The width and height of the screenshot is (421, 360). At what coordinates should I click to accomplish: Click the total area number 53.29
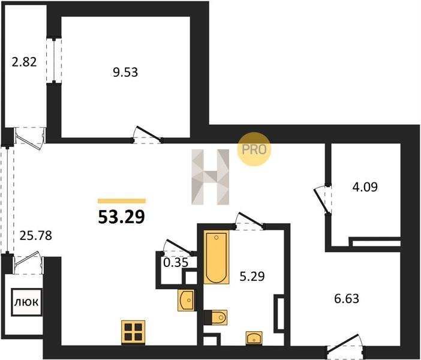122,217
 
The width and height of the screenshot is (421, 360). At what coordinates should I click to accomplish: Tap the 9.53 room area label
125,72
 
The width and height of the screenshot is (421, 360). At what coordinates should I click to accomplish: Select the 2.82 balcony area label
24,62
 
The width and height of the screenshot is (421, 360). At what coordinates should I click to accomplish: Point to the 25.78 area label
36,236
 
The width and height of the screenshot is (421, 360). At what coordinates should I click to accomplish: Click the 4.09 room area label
365,187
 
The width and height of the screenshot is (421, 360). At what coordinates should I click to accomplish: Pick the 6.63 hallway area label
347,298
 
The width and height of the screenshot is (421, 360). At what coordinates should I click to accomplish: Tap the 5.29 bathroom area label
252,276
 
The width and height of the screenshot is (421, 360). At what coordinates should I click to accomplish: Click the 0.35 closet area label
176,262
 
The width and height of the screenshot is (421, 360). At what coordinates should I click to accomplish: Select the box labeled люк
26,302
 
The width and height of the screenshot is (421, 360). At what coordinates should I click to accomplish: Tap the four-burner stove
133,332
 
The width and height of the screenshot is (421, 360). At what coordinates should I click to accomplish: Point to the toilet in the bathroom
216,317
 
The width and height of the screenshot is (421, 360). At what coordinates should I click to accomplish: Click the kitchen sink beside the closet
186,301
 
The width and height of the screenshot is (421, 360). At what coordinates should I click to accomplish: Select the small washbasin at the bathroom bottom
254,338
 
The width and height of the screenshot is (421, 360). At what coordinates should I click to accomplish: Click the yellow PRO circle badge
254,149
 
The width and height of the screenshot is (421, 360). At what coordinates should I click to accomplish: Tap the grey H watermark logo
210,177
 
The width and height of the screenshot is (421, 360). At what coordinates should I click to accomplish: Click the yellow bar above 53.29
122,201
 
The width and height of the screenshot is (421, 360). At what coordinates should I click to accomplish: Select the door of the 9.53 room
147,135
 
